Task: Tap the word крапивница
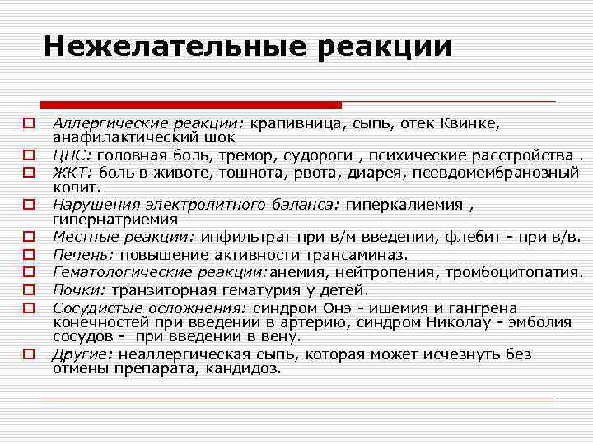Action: point(296,123)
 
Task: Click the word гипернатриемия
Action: point(109,220)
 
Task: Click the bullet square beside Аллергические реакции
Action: point(28,123)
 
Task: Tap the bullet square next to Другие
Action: point(28,354)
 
